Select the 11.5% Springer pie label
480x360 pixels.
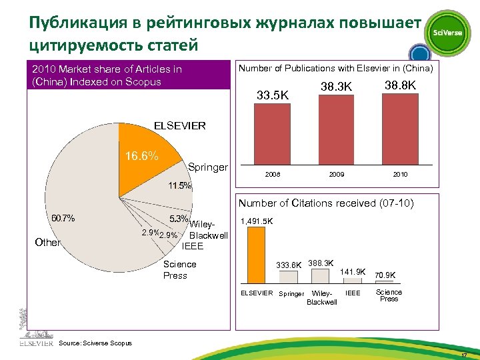click(179, 185)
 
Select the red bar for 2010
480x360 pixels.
click(400, 129)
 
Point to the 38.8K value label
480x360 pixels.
click(401, 86)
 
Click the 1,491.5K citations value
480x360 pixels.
click(256, 221)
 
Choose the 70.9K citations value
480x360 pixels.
click(385, 275)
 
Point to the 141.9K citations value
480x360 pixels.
click(353, 271)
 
